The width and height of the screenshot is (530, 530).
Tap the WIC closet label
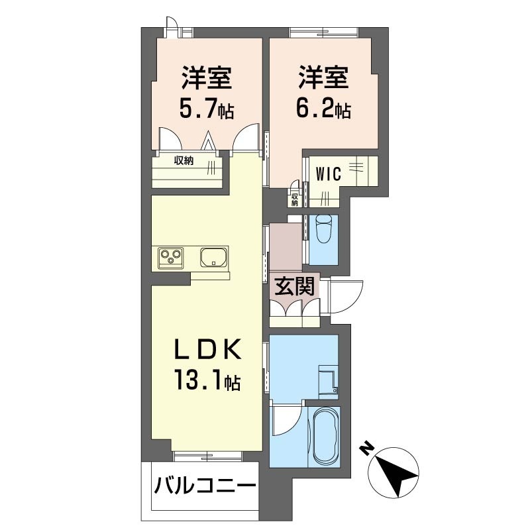(x=328, y=174)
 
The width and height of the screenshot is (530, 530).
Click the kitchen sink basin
(x=214, y=256)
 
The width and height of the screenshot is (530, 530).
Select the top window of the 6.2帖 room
(x=323, y=32)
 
